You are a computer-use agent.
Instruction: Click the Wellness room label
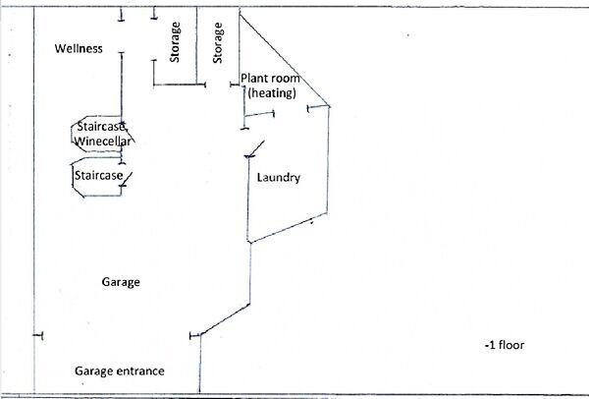coord(79,49)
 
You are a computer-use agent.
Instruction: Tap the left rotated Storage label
coord(176,43)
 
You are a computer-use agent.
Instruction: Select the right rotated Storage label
coord(217,41)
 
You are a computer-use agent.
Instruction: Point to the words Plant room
coord(270,79)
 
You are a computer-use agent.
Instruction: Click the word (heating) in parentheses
coord(272,92)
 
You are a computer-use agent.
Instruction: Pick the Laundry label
coord(278,178)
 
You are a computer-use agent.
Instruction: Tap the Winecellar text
coord(103,142)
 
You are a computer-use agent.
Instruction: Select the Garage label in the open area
coord(121,282)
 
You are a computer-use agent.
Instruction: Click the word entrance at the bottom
coord(137,371)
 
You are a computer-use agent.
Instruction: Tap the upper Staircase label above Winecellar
coord(103,128)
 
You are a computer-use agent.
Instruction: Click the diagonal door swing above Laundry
coord(254,150)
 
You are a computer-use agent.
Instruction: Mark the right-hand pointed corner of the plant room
coord(330,105)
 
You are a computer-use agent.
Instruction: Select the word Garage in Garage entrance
coord(93,371)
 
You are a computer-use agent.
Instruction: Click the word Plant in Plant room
coord(255,79)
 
